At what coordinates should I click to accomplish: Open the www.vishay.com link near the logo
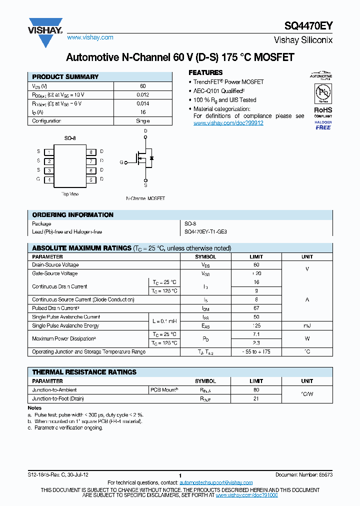[90, 37]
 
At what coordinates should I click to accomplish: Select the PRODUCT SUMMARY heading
[65, 77]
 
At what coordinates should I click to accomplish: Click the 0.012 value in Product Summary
[143, 94]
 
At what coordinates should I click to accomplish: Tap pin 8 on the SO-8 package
[91, 151]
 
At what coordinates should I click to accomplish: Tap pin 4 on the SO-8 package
[49, 179]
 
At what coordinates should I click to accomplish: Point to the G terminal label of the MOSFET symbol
[121, 162]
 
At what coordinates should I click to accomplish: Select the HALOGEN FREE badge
[322, 125]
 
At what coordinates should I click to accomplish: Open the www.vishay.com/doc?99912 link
[228, 123]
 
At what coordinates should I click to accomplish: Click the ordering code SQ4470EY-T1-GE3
[205, 232]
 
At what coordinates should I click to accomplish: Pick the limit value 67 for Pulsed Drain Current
[256, 308]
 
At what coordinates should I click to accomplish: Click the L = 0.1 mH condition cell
[164, 321]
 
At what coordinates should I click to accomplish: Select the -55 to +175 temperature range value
[256, 351]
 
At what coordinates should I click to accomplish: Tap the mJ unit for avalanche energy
[307, 325]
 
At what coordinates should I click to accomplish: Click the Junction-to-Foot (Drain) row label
[58, 398]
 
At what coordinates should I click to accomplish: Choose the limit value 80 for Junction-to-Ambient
[256, 389]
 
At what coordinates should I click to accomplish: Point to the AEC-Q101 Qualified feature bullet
[218, 91]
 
